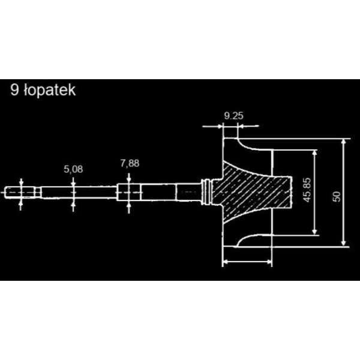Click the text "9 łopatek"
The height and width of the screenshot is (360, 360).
43,90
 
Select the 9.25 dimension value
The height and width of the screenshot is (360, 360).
233,116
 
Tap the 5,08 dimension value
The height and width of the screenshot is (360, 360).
73,169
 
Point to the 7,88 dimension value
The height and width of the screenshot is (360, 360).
130,163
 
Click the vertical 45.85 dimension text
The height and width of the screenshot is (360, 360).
307,190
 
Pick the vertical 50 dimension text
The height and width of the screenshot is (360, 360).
337,197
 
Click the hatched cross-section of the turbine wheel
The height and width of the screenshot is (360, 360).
252,193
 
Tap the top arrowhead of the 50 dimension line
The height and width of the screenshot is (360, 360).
343,142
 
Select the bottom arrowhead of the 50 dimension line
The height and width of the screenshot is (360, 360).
343,243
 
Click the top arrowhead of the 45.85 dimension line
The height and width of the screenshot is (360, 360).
315,153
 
